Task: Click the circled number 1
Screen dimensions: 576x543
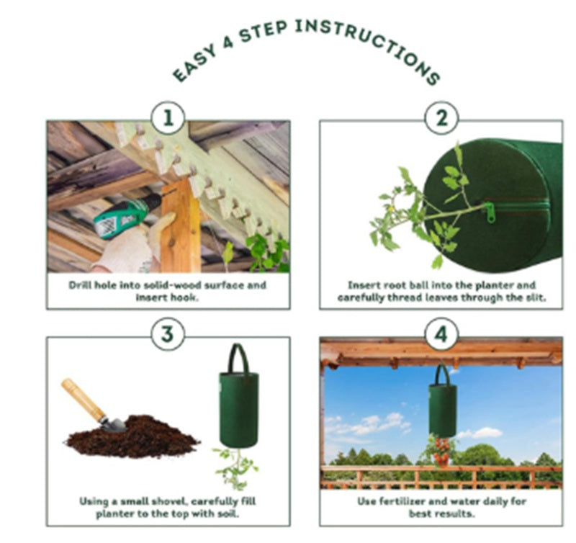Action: click(168, 118)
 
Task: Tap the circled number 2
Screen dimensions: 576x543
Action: click(441, 118)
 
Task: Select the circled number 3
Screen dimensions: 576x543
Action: click(168, 334)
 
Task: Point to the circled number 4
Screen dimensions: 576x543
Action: click(441, 334)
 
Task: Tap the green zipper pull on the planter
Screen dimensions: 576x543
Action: click(490, 212)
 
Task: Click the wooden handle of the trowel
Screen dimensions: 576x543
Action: click(84, 400)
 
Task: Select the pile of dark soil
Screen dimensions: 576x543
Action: click(133, 436)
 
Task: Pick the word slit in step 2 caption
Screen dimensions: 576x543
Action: click(535, 297)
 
